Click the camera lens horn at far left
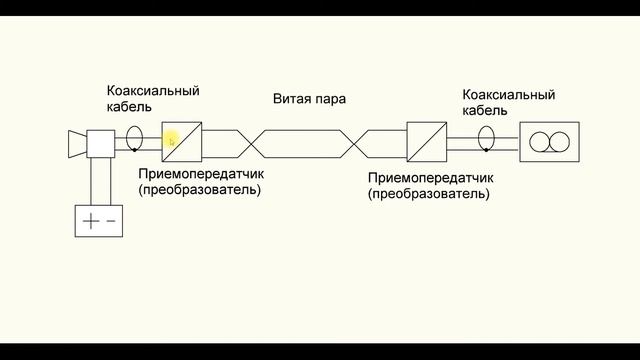pyautogui.click(x=75, y=143)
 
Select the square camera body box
pyautogui.click(x=102, y=143)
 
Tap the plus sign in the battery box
pyautogui.click(x=91, y=221)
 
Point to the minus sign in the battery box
pyautogui.click(x=111, y=221)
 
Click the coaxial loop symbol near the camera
pyautogui.click(x=135, y=138)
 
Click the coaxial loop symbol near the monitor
pyautogui.click(x=487, y=138)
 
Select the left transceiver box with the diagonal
pyautogui.click(x=183, y=143)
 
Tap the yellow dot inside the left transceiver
pyautogui.click(x=171, y=141)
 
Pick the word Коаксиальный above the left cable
pyautogui.click(x=153, y=90)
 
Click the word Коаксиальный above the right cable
pyautogui.click(x=508, y=95)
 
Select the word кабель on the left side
pyautogui.click(x=131, y=107)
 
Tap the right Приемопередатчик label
pyautogui.click(x=429, y=177)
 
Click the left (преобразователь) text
pyautogui.click(x=199, y=190)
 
